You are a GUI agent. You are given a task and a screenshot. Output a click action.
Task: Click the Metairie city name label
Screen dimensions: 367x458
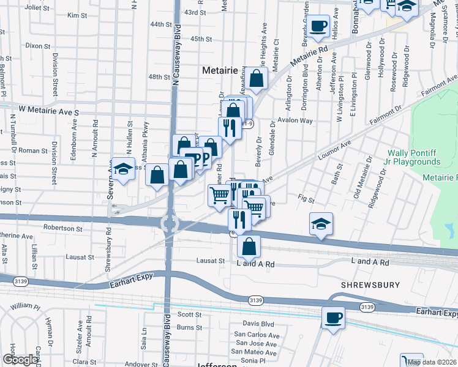click(x=220, y=71)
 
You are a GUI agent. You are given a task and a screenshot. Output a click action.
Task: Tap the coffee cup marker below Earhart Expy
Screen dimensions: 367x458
click(x=333, y=317)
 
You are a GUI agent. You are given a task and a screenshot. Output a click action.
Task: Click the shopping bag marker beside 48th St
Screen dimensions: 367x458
click(x=257, y=78)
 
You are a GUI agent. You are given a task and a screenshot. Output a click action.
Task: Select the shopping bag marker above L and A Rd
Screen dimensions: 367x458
click(x=249, y=247)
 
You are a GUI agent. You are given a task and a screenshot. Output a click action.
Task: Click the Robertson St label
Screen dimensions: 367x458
click(x=62, y=228)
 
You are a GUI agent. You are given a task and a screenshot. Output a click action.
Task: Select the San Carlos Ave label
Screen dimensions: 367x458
click(x=257, y=335)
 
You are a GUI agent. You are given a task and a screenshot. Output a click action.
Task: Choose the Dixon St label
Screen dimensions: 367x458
click(x=37, y=46)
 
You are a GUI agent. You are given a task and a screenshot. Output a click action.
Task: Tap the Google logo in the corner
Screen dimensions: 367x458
click(x=20, y=360)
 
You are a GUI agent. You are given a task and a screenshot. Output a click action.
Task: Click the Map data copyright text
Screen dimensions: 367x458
click(x=431, y=362)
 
